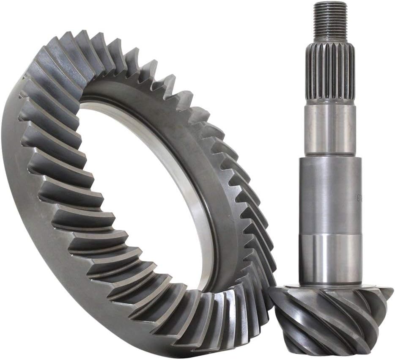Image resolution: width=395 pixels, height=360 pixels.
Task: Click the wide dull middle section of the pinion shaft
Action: tap(329, 195)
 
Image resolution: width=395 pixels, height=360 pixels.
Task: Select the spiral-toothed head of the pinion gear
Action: tap(330, 317)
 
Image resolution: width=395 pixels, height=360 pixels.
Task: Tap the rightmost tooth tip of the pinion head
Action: tap(390, 292)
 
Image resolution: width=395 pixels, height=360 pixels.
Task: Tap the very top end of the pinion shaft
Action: tap(330, 3)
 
